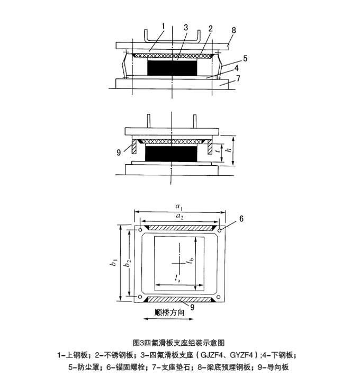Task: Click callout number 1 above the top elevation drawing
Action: click(x=164, y=25)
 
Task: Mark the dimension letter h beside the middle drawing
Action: click(x=229, y=151)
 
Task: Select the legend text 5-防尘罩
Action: click(x=86, y=366)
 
